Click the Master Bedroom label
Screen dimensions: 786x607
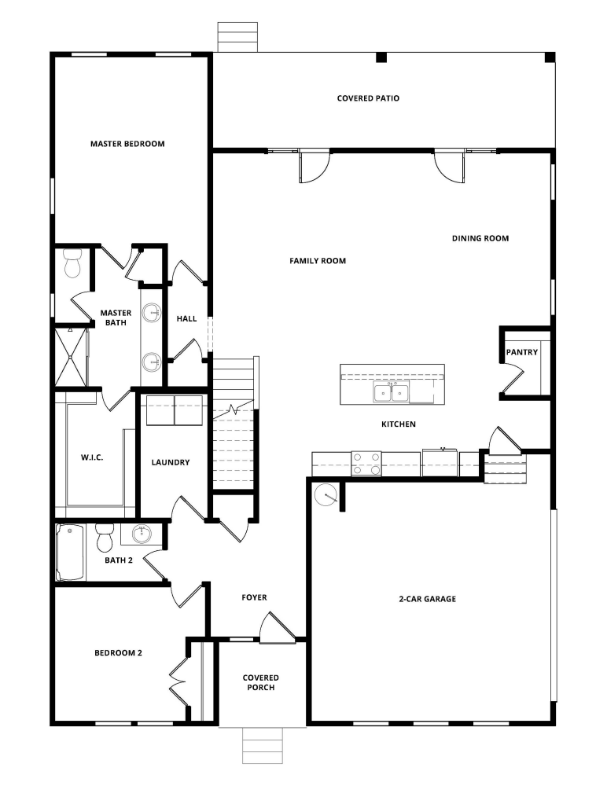(127, 144)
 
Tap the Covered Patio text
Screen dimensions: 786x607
(368, 98)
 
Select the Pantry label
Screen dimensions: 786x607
(522, 352)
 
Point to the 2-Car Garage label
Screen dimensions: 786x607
(427, 599)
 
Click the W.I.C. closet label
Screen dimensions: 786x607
(94, 457)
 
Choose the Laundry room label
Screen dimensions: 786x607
(171, 462)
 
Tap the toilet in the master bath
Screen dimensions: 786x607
(72, 264)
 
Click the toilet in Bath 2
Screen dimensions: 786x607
(105, 539)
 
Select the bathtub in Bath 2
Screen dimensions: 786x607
(71, 553)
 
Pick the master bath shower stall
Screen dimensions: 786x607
(70, 357)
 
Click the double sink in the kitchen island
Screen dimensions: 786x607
(391, 391)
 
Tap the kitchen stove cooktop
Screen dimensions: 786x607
(366, 464)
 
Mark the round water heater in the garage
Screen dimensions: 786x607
(326, 494)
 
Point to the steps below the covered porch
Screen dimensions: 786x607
(263, 745)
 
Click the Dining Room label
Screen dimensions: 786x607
(480, 238)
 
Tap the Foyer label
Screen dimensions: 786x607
(254, 597)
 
